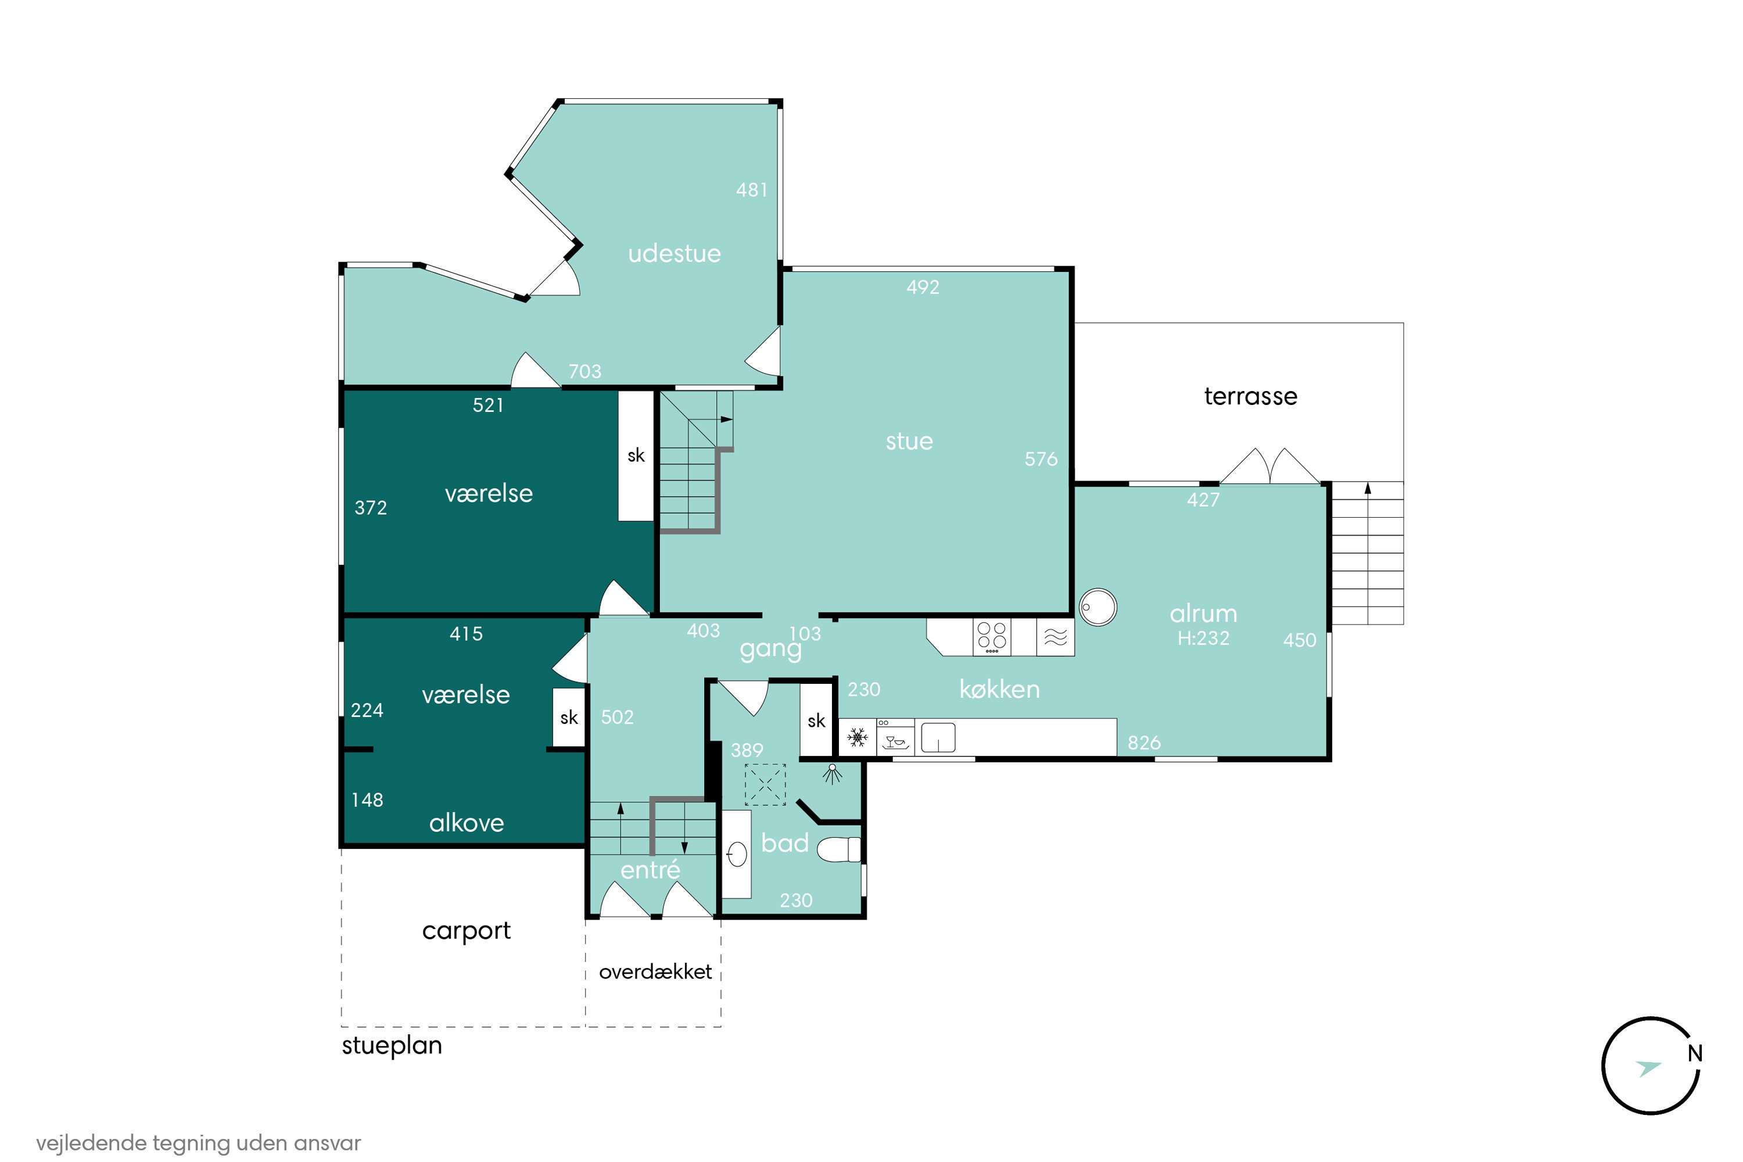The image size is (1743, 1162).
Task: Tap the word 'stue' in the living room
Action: click(x=909, y=441)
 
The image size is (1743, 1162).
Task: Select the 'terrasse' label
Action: click(x=1250, y=396)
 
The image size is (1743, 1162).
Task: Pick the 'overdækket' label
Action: click(x=655, y=971)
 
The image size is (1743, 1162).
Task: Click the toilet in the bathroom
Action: click(x=839, y=849)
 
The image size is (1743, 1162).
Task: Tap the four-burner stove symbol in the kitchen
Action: click(x=992, y=637)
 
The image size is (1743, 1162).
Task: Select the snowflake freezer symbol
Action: click(x=858, y=737)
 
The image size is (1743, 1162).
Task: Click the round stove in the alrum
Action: click(x=1098, y=608)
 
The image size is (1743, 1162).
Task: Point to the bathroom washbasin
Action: click(x=737, y=855)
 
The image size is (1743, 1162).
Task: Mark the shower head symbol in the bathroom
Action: click(x=832, y=774)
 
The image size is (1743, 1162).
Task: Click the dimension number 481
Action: click(x=751, y=190)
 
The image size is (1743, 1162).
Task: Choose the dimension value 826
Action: click(x=1143, y=743)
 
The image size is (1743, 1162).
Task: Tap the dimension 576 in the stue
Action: click(x=1041, y=459)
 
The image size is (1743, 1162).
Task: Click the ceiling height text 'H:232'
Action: click(x=1203, y=638)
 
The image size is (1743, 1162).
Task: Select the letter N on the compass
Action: click(x=1694, y=1053)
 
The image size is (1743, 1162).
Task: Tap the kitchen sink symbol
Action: click(x=938, y=737)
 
